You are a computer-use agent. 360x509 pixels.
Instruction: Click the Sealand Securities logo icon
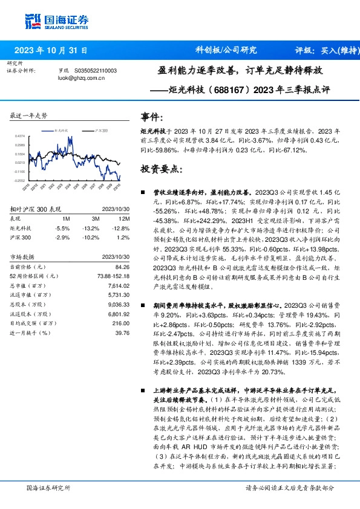(x=33, y=19)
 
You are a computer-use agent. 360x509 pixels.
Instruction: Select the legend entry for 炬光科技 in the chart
(x=64, y=130)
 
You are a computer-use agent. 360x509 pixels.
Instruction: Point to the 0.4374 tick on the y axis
(x=20, y=137)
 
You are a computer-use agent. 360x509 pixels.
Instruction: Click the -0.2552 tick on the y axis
(x=19, y=180)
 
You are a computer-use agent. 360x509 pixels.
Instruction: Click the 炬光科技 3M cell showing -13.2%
(x=91, y=229)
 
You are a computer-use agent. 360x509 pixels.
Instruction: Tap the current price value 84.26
(x=122, y=267)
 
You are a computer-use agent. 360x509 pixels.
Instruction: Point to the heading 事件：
(x=152, y=116)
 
